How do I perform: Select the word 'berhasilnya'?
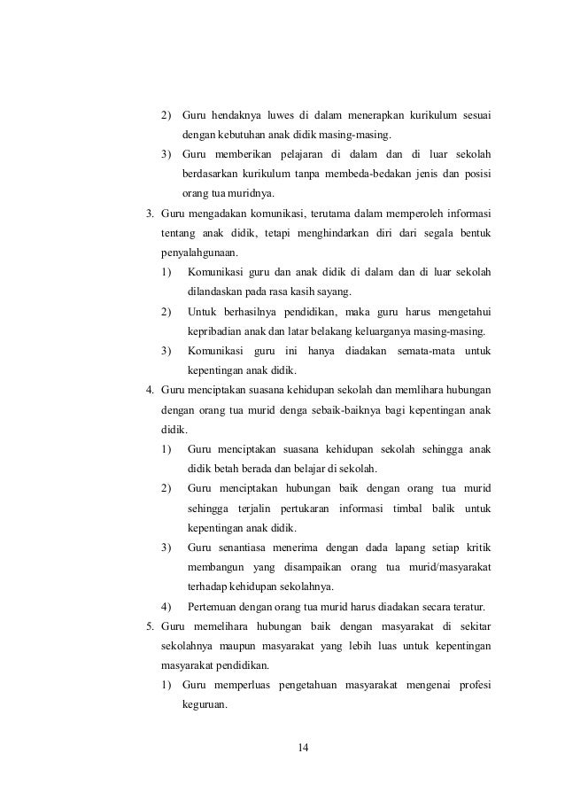point(252,311)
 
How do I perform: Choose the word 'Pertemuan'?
point(213,606)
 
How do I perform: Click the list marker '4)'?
point(166,606)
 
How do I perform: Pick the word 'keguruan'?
point(205,705)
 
